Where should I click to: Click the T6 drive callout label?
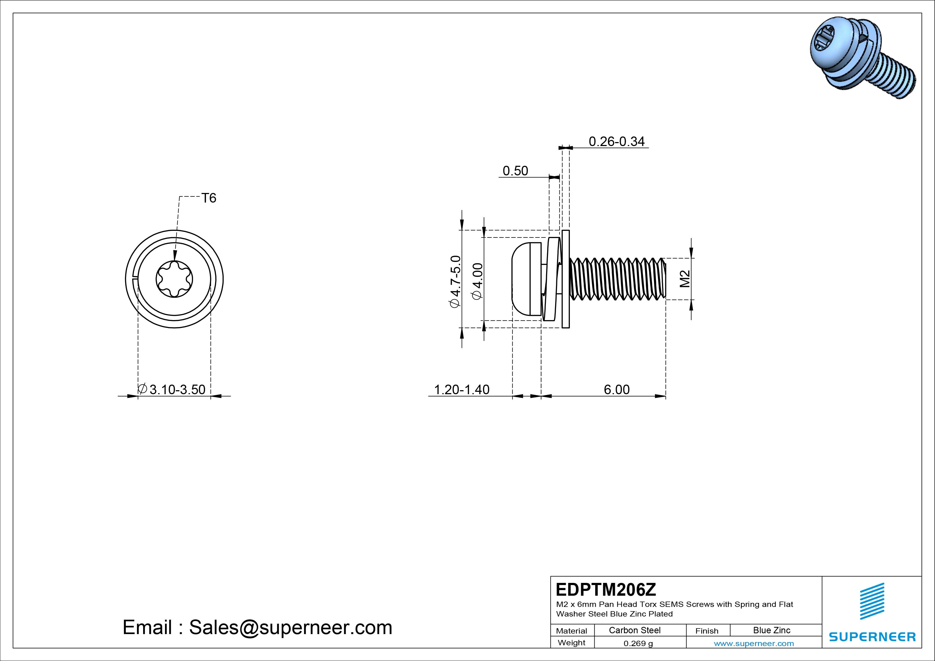[x=209, y=198]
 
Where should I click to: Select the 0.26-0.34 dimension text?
[x=616, y=142]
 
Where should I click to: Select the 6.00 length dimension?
[x=616, y=390]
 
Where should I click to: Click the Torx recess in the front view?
[x=174, y=279]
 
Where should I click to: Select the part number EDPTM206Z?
[x=606, y=589]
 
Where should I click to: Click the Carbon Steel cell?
[x=634, y=630]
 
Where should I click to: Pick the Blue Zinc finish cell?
[x=771, y=630]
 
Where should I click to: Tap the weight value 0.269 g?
[x=638, y=643]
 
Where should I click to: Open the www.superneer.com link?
[x=754, y=643]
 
